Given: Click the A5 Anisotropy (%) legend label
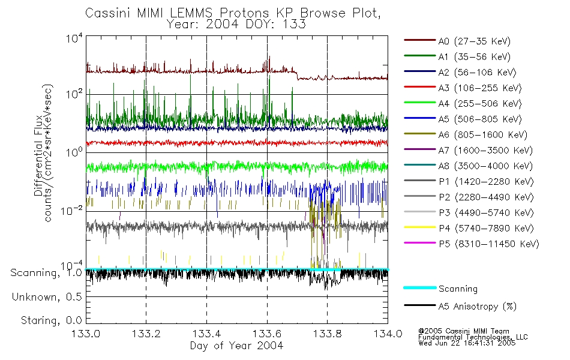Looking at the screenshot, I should [476, 307].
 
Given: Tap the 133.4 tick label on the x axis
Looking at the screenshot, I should [206, 334].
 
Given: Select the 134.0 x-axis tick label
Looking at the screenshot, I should [388, 334].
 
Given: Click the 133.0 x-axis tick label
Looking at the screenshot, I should [86, 334].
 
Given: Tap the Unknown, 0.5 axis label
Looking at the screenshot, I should [47, 297].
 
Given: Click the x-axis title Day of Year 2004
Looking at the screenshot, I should [236, 346].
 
